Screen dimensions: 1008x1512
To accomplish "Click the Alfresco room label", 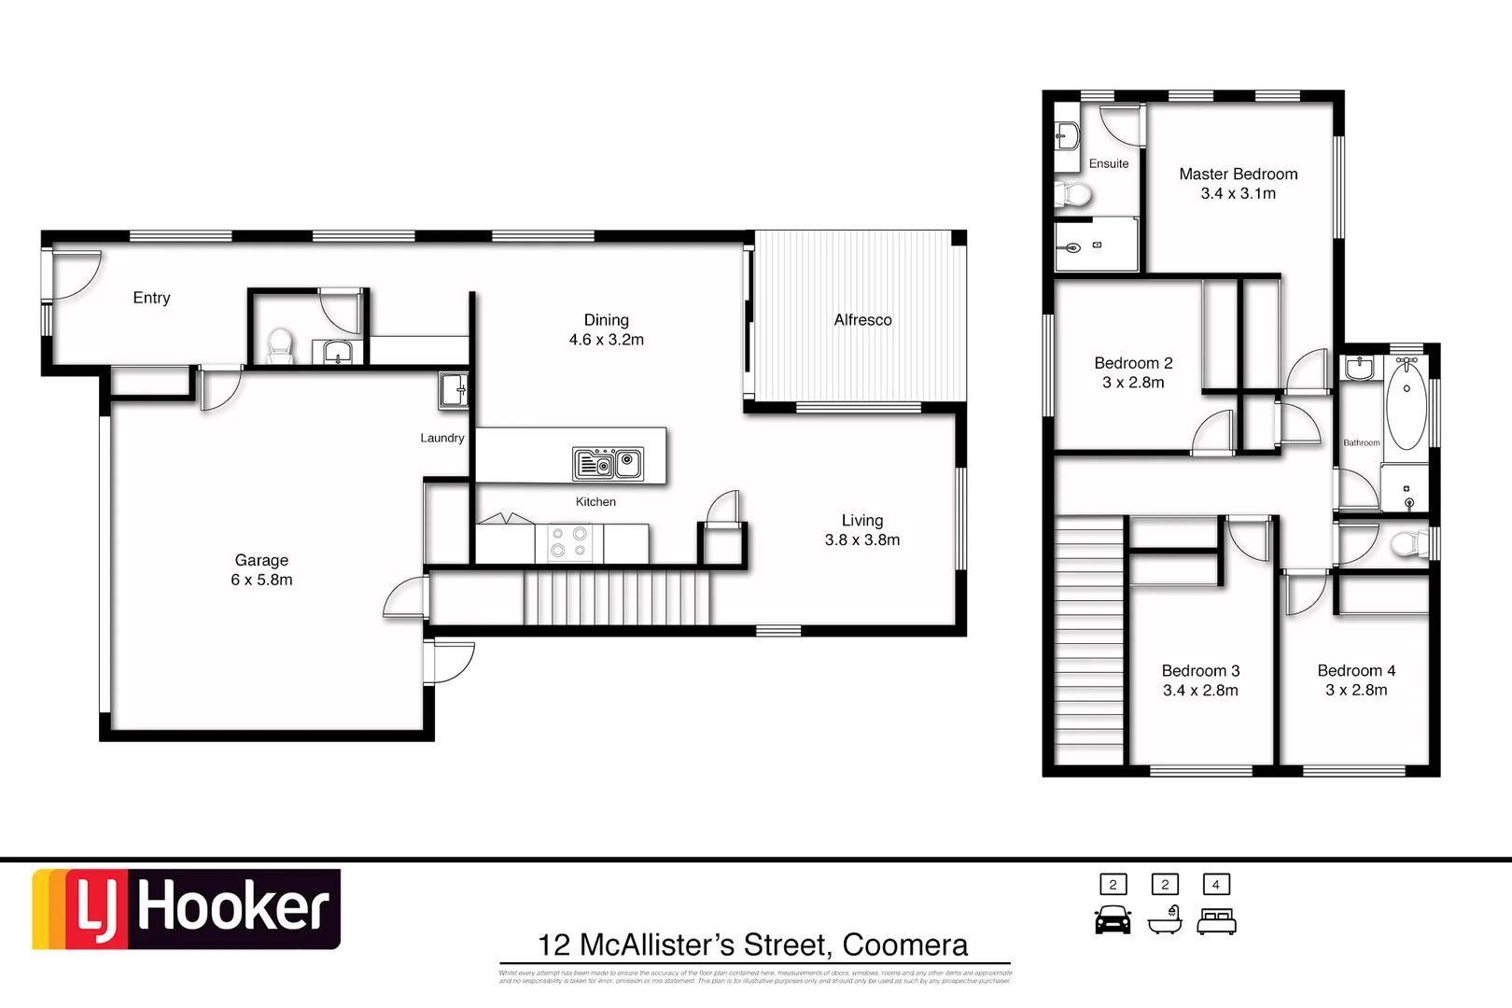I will click(x=862, y=320).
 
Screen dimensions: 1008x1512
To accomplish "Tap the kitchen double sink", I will click(x=608, y=463).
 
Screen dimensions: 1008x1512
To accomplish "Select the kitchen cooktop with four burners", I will click(x=568, y=542).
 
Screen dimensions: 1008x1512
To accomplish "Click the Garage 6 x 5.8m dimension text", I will click(x=261, y=580).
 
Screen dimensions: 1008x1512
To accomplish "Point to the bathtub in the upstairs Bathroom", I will click(x=1406, y=406).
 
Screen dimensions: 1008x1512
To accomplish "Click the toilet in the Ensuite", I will click(x=1073, y=194).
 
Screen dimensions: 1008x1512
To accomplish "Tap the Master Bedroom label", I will click(x=1238, y=175).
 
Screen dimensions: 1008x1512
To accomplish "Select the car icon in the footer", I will click(x=1113, y=920).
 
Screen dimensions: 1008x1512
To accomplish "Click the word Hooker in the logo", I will click(x=233, y=908).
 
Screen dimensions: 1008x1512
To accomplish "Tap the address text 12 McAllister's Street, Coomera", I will click(x=752, y=945).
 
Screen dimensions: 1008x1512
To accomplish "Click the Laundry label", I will click(x=441, y=438).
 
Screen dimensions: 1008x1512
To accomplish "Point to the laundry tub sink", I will click(x=454, y=389).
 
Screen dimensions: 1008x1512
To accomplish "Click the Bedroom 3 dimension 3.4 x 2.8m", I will click(x=1200, y=691).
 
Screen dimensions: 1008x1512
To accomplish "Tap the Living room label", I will click(x=861, y=521).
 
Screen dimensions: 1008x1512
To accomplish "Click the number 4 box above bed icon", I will click(x=1215, y=884).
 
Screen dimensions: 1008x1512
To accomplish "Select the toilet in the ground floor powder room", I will click(x=280, y=346).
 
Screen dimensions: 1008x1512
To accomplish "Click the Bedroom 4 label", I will click(x=1356, y=671).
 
